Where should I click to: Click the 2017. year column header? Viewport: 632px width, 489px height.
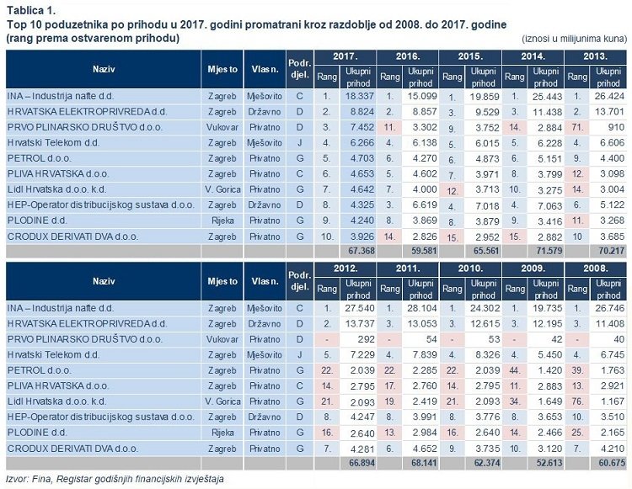(345, 56)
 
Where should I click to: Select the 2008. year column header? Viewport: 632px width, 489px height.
(595, 268)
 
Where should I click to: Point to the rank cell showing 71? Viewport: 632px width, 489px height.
(577, 128)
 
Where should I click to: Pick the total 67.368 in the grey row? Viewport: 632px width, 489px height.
(362, 251)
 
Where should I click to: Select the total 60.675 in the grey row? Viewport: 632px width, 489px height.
(612, 463)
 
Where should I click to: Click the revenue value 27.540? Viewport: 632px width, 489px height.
(360, 308)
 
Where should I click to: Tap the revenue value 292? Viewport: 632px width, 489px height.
(367, 339)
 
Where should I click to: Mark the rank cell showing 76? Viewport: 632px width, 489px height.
(577, 401)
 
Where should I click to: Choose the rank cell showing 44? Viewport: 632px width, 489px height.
(515, 370)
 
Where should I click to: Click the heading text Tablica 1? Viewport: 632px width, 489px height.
(31, 10)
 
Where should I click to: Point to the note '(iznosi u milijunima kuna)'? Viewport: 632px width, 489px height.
(575, 39)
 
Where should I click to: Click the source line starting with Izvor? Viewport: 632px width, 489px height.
(115, 480)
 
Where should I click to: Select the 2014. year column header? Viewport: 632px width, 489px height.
(533, 56)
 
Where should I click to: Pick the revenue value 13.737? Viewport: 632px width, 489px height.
(360, 324)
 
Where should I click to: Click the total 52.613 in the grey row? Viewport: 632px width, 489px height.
(549, 463)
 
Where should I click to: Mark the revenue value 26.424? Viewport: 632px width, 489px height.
(610, 96)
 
